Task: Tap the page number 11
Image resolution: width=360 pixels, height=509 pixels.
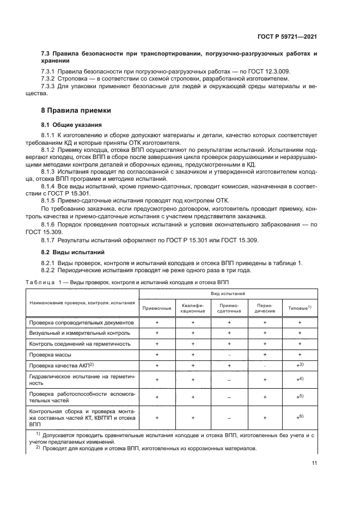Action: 314,463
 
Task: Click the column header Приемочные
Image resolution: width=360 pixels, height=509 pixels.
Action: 157,308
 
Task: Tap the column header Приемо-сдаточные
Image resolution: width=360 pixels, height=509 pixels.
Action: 228,308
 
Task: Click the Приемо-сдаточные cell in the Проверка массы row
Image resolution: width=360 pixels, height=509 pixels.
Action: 229,354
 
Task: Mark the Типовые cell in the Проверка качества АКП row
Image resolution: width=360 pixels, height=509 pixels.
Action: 299,365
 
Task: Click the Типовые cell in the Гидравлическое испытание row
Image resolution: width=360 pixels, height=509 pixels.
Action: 299,379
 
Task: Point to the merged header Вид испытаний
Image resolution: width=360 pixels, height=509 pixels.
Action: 228,293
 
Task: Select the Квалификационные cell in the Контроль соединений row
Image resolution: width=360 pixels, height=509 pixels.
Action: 193,344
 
